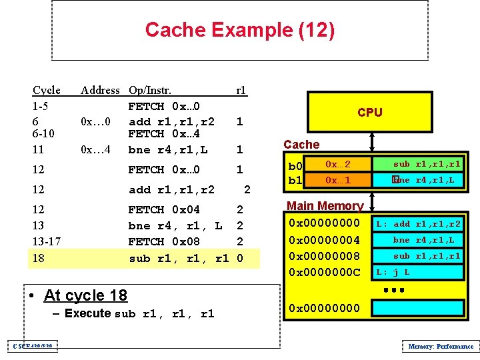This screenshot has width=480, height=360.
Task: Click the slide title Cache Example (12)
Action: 239,30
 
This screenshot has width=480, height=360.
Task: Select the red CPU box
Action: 369,112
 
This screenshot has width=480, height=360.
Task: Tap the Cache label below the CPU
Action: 301,144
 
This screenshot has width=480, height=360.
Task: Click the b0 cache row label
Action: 294,166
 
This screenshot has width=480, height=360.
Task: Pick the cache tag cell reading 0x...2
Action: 338,164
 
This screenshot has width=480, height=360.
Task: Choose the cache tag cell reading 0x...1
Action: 338,180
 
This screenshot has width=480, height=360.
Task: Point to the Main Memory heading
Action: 325,206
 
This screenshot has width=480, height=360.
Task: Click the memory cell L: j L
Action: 417,272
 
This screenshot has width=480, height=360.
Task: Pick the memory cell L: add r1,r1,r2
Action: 417,224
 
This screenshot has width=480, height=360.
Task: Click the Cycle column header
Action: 47,90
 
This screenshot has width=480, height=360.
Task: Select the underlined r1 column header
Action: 241,90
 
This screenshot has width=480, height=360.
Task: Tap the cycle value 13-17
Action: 47,241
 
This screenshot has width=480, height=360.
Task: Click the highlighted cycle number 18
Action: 39,257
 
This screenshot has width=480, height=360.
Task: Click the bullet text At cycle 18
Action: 85,295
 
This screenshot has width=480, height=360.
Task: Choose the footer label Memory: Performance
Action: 440,345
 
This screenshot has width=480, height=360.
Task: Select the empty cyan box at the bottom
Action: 417,307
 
